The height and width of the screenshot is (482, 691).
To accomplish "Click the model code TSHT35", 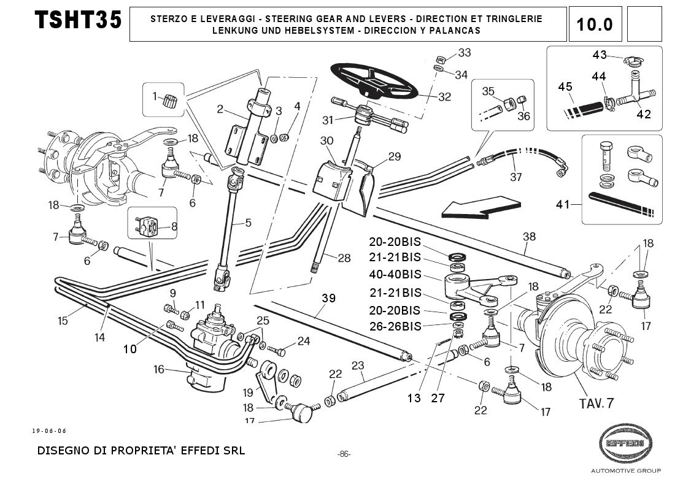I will (x=78, y=21).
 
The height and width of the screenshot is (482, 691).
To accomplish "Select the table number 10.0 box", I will (x=595, y=24).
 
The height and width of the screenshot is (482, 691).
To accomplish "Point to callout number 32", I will (x=445, y=97).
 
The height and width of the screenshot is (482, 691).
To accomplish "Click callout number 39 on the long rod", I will (x=328, y=299).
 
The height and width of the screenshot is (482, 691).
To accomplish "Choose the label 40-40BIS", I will (x=395, y=274).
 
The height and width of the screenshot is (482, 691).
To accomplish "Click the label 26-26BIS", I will (x=395, y=327).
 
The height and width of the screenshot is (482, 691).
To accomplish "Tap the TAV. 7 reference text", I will (x=596, y=403).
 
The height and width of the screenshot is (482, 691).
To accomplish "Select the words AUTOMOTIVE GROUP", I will (x=625, y=471).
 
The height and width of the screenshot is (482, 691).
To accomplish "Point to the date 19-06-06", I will (x=49, y=430).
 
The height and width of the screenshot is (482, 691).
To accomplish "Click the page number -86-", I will (x=344, y=454).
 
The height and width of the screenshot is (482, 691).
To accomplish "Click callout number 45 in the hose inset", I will (x=565, y=86).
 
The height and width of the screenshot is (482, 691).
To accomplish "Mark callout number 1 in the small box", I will (x=155, y=95).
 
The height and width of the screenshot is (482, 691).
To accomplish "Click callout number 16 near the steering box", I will (x=159, y=369).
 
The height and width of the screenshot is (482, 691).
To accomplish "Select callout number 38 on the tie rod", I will (x=529, y=236).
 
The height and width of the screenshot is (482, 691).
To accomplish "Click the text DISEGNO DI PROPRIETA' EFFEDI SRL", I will (x=141, y=451).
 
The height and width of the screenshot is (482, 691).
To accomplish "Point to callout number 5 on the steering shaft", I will (x=248, y=223).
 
